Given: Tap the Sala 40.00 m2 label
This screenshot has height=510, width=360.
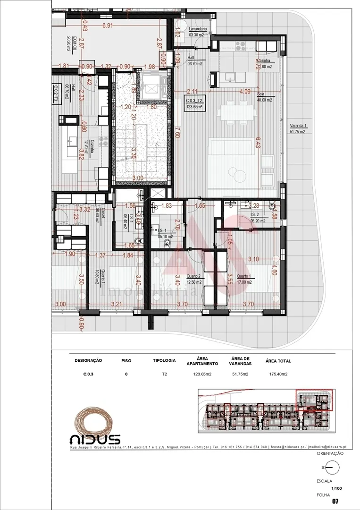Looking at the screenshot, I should pos(264,97).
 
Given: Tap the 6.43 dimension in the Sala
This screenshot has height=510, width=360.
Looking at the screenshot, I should pos(258,143).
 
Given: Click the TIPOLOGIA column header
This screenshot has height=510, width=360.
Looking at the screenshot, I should pos(164,361).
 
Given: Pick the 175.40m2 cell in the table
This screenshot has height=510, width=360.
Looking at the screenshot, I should pos(276,374).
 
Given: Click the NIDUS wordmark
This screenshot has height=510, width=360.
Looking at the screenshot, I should pos(95,439).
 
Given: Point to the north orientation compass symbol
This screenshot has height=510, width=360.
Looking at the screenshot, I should pos(332,467).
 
